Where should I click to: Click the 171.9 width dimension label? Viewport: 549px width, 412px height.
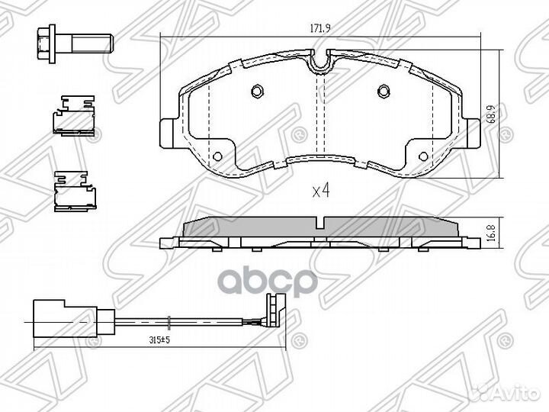[x=321, y=28]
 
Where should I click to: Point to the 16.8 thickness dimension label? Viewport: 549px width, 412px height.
[x=492, y=233]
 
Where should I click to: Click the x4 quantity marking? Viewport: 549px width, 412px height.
[x=321, y=191]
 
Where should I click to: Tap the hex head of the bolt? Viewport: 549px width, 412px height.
[x=43, y=43]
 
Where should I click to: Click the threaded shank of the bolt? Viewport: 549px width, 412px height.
[x=92, y=43]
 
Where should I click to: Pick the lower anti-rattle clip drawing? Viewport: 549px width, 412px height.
[x=75, y=192]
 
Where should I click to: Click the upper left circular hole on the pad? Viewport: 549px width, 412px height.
[x=257, y=91]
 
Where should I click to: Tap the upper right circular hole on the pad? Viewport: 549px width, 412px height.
[x=384, y=91]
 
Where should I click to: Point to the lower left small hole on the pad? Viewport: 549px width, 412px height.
[x=217, y=156]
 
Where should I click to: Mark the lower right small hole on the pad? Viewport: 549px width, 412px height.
[x=423, y=156]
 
